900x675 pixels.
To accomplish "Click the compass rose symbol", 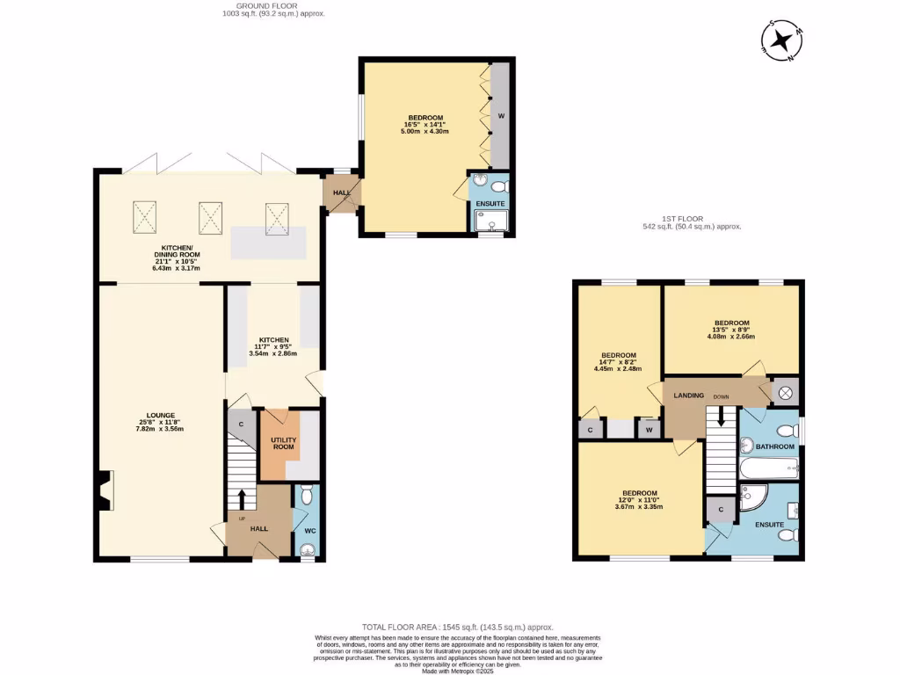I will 780,41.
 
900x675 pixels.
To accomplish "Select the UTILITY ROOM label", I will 282,442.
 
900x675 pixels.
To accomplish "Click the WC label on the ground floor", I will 309,531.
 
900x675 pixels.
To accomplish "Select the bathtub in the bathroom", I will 768,466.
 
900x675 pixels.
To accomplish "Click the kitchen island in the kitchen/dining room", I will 269,243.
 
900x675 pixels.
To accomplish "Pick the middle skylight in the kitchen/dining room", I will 211,217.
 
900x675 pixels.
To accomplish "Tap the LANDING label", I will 688,396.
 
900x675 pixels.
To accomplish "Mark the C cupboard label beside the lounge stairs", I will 240,424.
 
